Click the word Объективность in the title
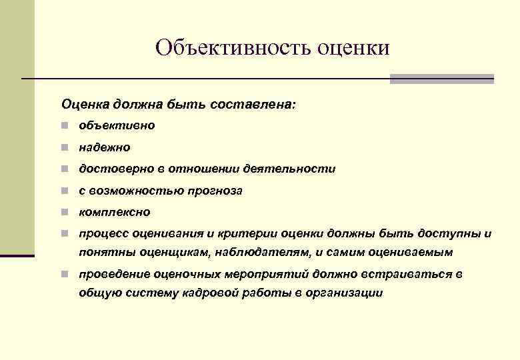click(224, 47)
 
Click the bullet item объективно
click(117, 125)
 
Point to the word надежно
click(105, 147)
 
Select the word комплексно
click(115, 212)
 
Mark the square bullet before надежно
click(65, 147)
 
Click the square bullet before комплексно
click(65, 212)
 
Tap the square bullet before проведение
click(65, 274)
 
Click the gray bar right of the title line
click(441, 79)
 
